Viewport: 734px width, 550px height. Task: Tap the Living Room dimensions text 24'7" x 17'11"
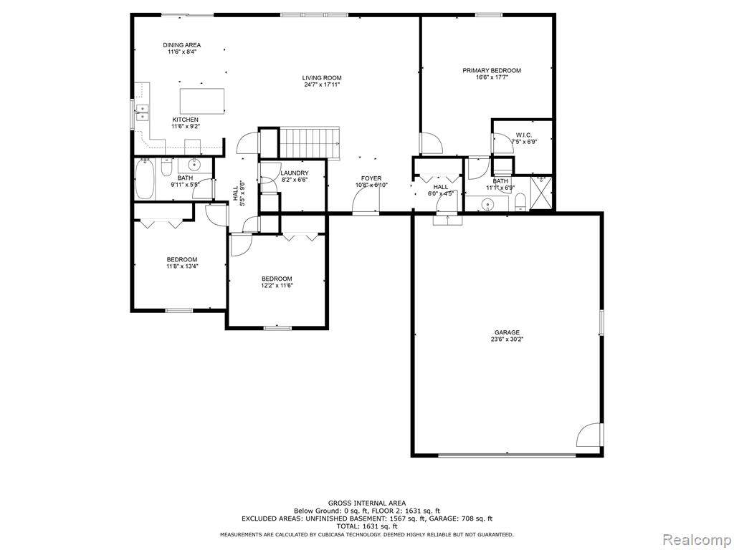(x=321, y=85)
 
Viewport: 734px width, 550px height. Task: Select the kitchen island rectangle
(x=201, y=101)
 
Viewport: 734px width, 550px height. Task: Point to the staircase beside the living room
(x=308, y=142)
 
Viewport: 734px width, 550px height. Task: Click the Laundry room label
(x=295, y=173)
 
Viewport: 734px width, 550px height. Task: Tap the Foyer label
(x=371, y=178)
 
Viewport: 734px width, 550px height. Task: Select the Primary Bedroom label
(x=491, y=70)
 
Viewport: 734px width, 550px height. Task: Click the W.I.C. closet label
(x=523, y=135)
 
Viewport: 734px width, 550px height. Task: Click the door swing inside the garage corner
(x=589, y=435)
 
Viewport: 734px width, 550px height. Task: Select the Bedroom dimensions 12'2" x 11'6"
(x=277, y=285)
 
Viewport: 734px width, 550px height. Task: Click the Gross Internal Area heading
(x=366, y=503)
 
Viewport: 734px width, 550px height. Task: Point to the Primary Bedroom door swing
(x=431, y=144)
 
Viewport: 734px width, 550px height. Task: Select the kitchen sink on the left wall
(x=141, y=112)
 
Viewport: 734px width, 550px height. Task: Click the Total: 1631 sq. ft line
(x=366, y=526)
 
